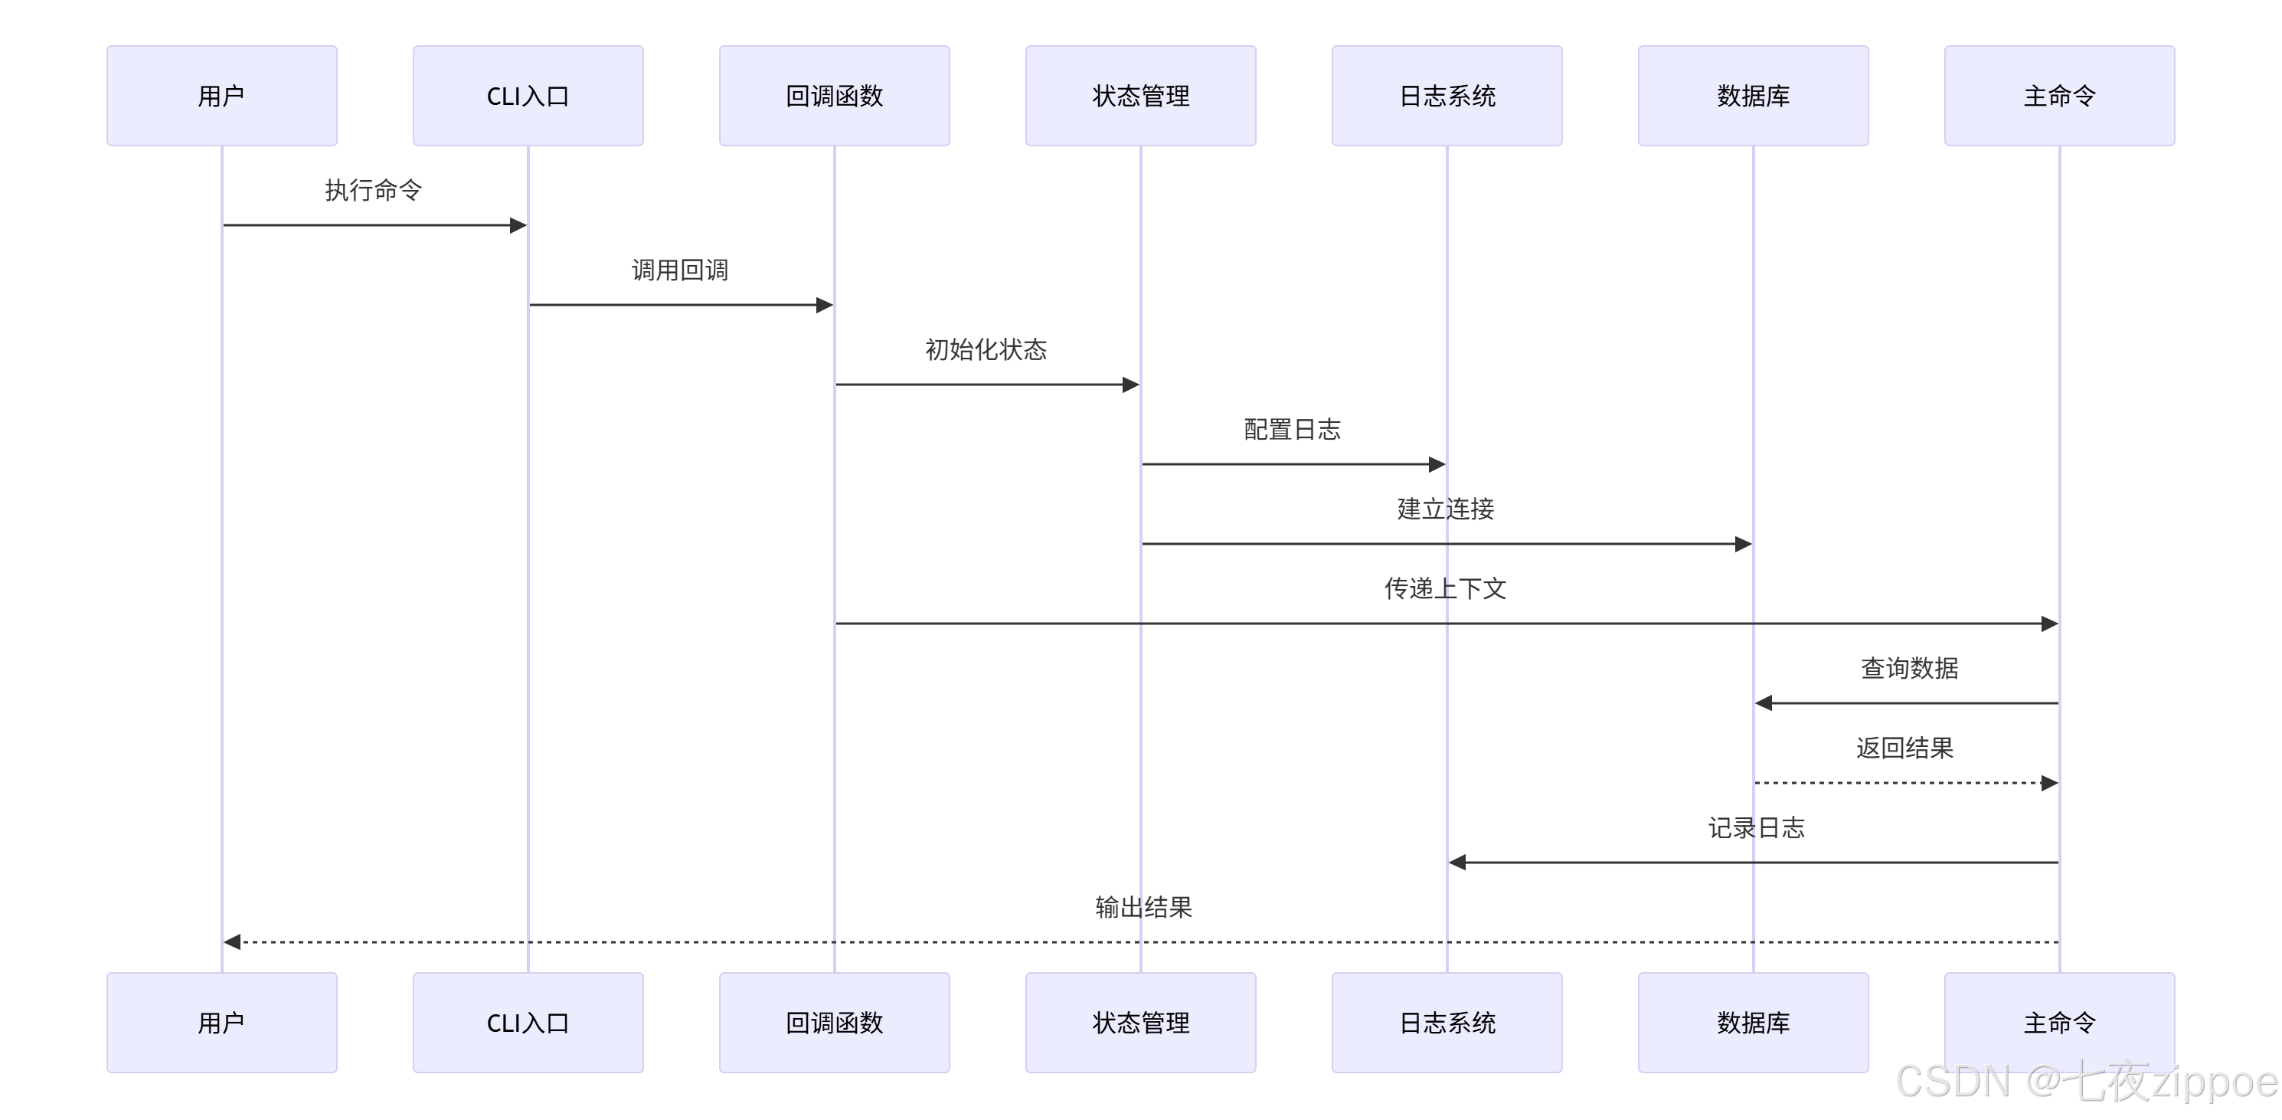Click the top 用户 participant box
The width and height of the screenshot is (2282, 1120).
pos(221,96)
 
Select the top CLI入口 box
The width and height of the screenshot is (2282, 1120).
pos(528,96)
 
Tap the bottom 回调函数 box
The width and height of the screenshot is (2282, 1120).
pos(834,1023)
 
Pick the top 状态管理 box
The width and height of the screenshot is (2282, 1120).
pos(1140,96)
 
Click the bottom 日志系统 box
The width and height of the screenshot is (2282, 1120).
pos(1447,1023)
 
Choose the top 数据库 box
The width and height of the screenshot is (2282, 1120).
pos(1753,96)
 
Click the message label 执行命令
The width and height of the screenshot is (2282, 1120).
pos(373,191)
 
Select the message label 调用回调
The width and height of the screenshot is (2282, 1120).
pos(679,270)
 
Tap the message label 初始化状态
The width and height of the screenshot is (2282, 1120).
pos(986,350)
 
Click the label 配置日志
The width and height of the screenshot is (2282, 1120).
pos(1293,430)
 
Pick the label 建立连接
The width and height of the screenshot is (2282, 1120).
pos(1446,509)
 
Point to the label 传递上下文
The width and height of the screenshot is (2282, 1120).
pos(1445,589)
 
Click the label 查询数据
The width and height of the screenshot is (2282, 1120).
pos(1909,669)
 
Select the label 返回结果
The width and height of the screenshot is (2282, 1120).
pos(1904,748)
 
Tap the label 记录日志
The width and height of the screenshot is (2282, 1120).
pos(1756,828)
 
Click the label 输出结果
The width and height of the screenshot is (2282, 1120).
pos(1143,907)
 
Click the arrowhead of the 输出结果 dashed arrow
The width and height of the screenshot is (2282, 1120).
pos(232,942)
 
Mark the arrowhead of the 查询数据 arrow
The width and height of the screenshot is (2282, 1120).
pos(1764,702)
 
